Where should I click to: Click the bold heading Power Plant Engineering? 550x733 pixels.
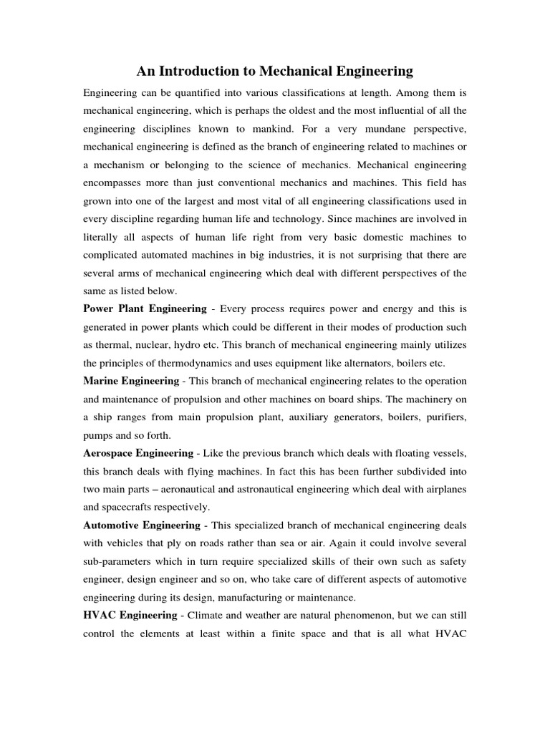144,309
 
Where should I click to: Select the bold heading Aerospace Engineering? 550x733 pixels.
138,452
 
